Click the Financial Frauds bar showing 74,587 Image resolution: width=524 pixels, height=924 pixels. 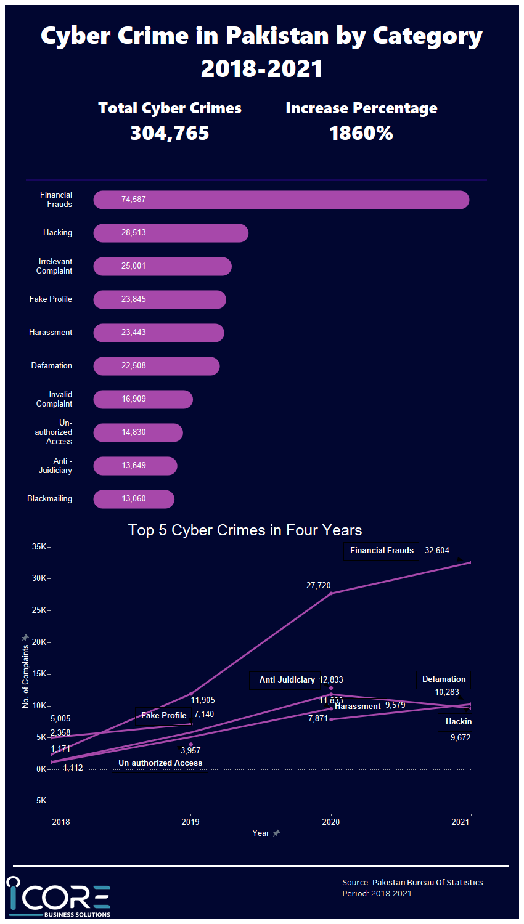pos(281,200)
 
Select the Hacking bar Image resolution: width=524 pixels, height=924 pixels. pos(171,233)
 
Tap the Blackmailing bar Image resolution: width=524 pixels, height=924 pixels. pos(134,499)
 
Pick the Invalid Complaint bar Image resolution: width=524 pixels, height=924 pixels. pos(143,399)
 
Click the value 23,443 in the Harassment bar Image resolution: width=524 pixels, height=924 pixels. pos(134,333)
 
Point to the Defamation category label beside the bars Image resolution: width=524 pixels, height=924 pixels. pos(52,366)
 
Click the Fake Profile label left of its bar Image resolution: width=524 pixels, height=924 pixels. pos(51,299)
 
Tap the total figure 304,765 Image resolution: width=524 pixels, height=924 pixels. pos(170,133)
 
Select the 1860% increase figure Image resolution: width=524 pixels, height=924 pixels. pos(361,133)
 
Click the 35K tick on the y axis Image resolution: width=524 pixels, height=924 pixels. pos(39,547)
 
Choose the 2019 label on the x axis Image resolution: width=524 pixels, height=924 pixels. pos(190,822)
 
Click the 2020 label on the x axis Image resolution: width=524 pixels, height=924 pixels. pos(331,822)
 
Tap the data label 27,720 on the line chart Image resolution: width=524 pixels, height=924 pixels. pos(319,586)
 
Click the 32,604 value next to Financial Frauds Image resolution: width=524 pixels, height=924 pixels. pos(437,551)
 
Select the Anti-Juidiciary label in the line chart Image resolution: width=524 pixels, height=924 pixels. pos(287,680)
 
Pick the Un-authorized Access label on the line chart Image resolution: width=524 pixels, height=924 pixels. pos(160,763)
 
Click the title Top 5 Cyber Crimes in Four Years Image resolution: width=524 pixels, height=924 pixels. pos(245,530)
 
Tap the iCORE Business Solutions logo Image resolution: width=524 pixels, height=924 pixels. pos(59,898)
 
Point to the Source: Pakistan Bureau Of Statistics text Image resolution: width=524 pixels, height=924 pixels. pos(412,883)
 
